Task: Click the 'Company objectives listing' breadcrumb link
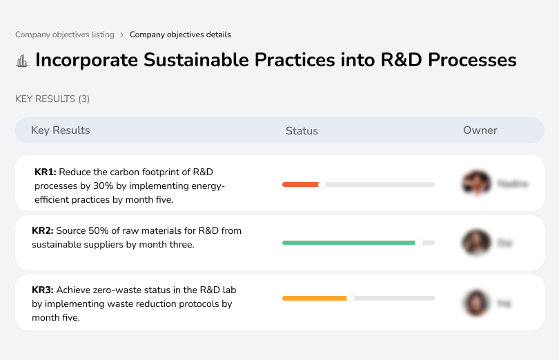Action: [64, 34]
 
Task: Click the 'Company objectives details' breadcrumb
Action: [180, 34]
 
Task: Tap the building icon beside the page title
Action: [22, 61]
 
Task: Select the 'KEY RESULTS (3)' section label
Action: [52, 99]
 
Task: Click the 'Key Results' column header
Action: [61, 130]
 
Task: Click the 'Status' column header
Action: [302, 130]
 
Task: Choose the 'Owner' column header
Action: [480, 130]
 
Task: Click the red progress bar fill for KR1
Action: [300, 184]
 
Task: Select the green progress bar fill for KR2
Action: [348, 243]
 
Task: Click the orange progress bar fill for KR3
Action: [314, 298]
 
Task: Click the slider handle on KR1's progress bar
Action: [322, 184]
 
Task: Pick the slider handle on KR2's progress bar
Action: [418, 243]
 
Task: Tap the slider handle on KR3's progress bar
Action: [351, 298]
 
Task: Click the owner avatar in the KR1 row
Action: [475, 183]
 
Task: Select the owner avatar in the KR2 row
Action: [475, 243]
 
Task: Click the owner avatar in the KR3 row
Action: [475, 302]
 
